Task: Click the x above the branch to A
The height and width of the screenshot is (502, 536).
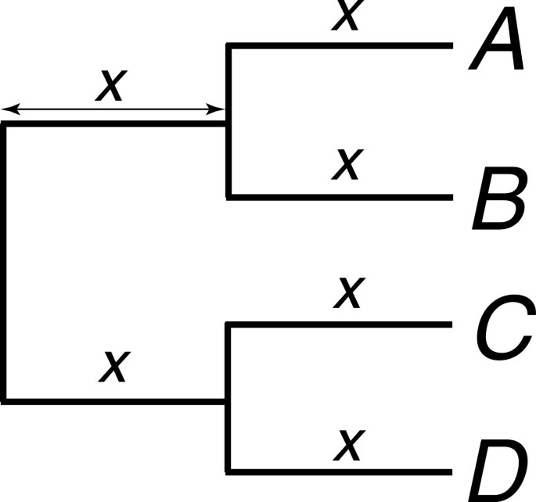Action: [346, 16]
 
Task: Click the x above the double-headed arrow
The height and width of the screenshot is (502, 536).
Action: [110, 85]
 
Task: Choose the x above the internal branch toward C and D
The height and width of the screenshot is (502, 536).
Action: [114, 365]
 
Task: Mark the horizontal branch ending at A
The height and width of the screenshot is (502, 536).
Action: [340, 45]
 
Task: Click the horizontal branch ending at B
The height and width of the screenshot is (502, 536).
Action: [340, 195]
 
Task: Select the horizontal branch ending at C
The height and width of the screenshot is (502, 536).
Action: [340, 325]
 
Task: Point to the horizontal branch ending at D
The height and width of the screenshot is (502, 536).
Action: [340, 472]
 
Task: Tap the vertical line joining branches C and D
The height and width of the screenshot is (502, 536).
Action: [228, 398]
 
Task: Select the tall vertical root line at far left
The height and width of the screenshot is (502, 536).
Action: [5, 262]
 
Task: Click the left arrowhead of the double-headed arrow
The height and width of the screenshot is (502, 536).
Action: [8, 110]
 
